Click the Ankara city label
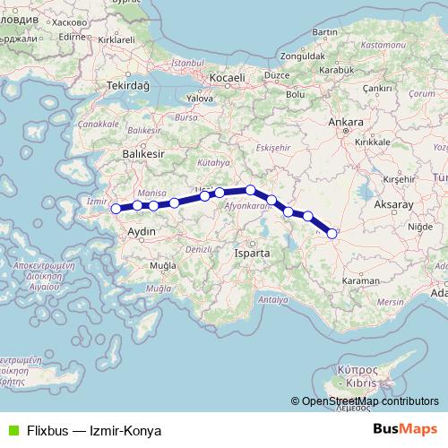pos(346,121)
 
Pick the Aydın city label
pos(143,230)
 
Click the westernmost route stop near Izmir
pos(116,210)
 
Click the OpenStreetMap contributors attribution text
pos(370,401)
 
